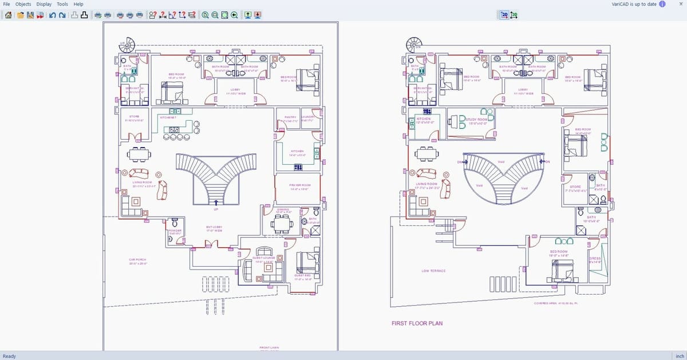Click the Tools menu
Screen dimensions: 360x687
62,4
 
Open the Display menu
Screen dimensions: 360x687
44,4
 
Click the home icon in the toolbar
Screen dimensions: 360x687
8,14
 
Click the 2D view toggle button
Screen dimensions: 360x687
504,14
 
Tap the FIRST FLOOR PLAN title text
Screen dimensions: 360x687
417,323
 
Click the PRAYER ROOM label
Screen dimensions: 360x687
299,185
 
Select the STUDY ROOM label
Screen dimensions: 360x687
477,120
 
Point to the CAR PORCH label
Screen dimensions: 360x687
137,260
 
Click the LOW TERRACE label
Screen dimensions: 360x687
433,271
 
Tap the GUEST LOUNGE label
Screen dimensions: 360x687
264,258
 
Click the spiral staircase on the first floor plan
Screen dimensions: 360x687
413,44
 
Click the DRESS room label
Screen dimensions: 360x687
595,259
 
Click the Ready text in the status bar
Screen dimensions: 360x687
9,356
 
